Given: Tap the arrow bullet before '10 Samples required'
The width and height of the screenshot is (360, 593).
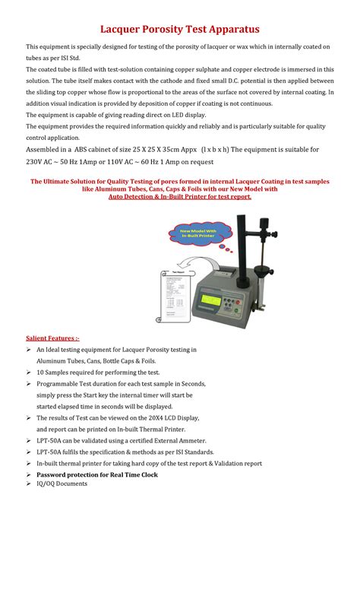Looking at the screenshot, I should click(29, 373).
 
